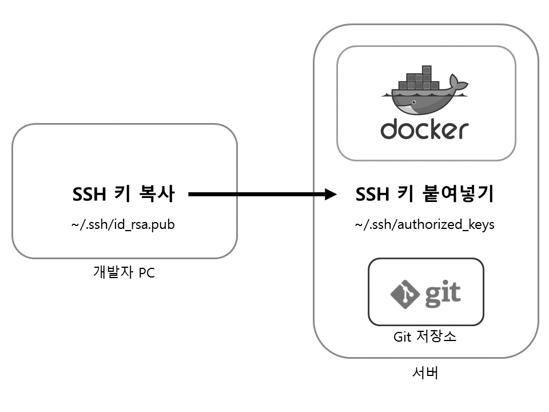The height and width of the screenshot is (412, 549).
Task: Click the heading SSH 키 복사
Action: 123,195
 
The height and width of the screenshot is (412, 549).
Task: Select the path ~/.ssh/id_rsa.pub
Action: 123,224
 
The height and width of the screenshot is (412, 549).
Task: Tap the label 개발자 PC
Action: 124,273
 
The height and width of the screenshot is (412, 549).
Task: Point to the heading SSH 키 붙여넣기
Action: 424,195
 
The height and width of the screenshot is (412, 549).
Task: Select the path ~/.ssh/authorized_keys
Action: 424,224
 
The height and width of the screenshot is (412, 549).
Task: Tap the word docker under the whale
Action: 424,129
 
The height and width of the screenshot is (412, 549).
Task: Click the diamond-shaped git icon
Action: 405,293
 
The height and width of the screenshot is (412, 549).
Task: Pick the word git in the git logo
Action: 442,293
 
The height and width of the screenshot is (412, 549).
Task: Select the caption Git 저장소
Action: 425,336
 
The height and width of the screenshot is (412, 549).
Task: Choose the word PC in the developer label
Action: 146,273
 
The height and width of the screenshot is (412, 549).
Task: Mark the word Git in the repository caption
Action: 403,336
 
